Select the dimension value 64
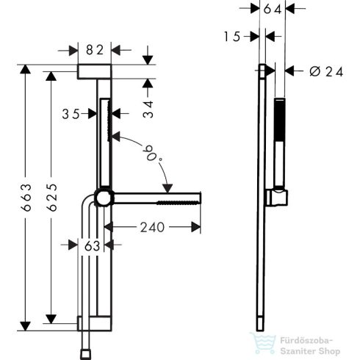273,9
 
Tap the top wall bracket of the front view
94,71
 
